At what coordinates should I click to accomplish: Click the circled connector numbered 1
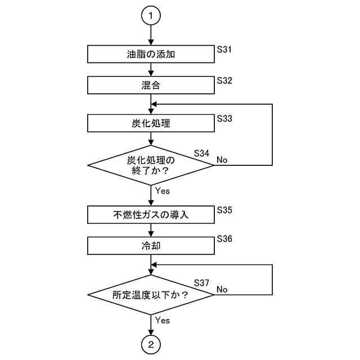151,16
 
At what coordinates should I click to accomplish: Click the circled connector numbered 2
151,345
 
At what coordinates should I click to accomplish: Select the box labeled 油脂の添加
151,55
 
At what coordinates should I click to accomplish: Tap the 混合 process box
151,85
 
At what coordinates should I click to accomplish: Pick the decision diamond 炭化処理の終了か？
151,165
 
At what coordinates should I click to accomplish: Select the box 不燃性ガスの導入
151,215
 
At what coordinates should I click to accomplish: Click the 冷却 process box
151,246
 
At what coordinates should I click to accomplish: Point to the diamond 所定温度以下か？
151,295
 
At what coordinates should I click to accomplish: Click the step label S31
224,49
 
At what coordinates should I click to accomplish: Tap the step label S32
224,80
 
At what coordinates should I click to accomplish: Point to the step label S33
224,119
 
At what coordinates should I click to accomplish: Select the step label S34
201,152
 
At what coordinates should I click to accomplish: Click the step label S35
224,210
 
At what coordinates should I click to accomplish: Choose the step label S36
224,238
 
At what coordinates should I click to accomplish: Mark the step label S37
201,282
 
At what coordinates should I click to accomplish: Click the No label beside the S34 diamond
222,160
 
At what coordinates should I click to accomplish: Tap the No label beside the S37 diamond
222,290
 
